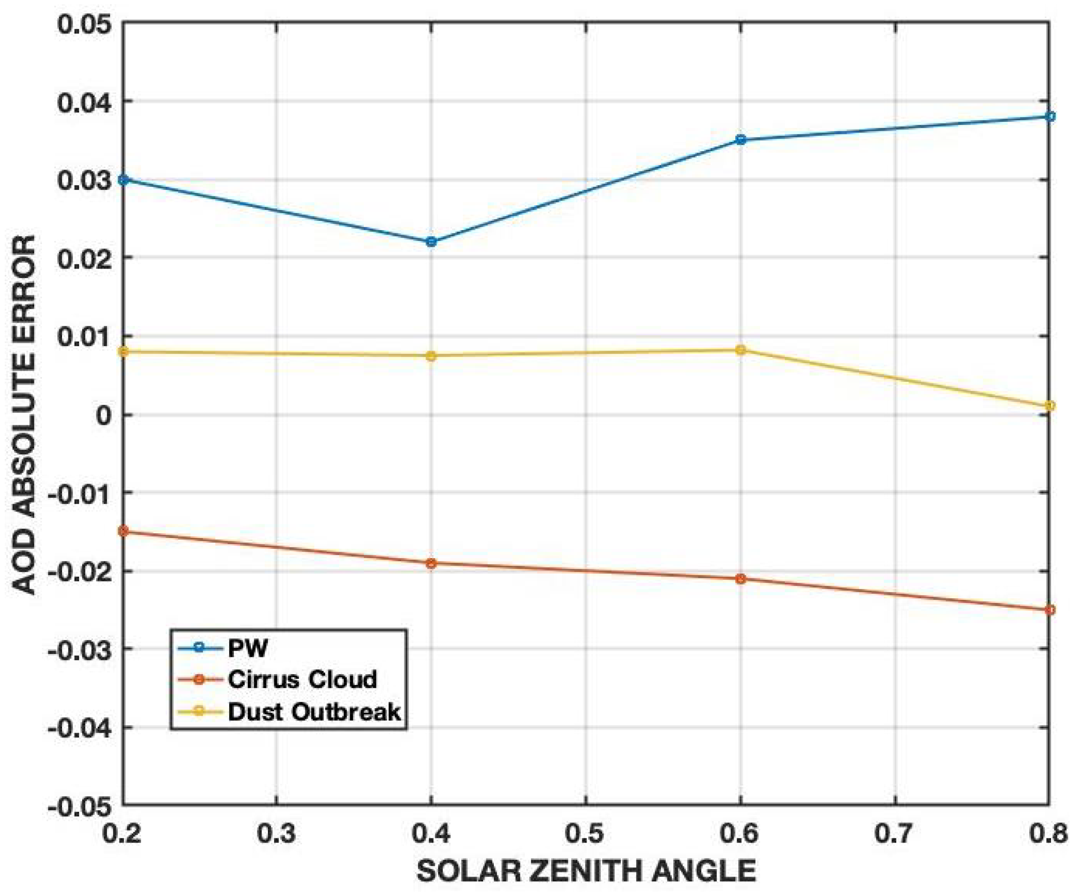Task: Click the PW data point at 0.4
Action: point(431,242)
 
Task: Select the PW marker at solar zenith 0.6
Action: point(741,140)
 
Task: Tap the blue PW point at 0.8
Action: point(1049,117)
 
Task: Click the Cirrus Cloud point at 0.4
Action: point(431,564)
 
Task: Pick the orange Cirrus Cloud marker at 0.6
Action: point(741,579)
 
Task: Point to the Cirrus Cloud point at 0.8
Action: point(1049,610)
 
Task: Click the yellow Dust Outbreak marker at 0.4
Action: point(431,356)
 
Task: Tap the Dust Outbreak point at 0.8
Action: point(1049,406)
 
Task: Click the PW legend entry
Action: point(248,649)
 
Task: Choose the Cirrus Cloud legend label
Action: point(302,680)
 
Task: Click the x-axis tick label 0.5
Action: point(586,834)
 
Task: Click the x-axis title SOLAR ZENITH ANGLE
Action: point(586,871)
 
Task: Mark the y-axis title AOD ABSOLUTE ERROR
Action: point(24,414)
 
